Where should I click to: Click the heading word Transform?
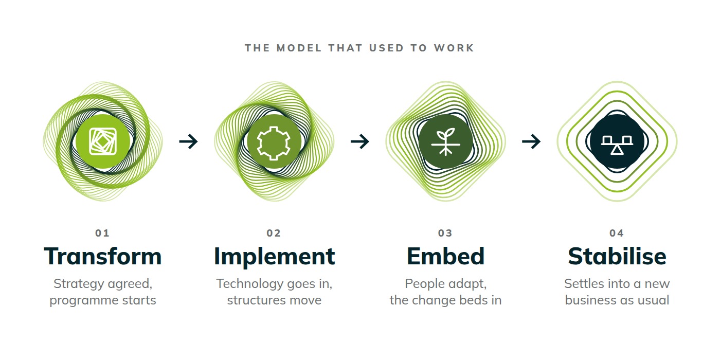(102, 256)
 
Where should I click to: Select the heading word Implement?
(274, 257)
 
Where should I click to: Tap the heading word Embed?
(445, 256)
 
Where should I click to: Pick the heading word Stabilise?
(617, 256)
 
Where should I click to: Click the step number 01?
(102, 233)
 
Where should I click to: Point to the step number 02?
(274, 233)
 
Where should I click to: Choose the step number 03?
(445, 233)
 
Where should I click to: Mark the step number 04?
(617, 233)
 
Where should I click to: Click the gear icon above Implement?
(274, 143)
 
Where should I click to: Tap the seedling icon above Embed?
(445, 142)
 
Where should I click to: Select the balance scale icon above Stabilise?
(617, 145)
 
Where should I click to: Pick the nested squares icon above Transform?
(103, 141)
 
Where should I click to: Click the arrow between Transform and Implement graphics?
(188, 141)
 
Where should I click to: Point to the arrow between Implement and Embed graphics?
(359, 141)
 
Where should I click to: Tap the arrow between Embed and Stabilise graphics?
(531, 141)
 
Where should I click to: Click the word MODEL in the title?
(299, 48)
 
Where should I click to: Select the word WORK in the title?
(454, 48)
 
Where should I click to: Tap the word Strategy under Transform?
(79, 284)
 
